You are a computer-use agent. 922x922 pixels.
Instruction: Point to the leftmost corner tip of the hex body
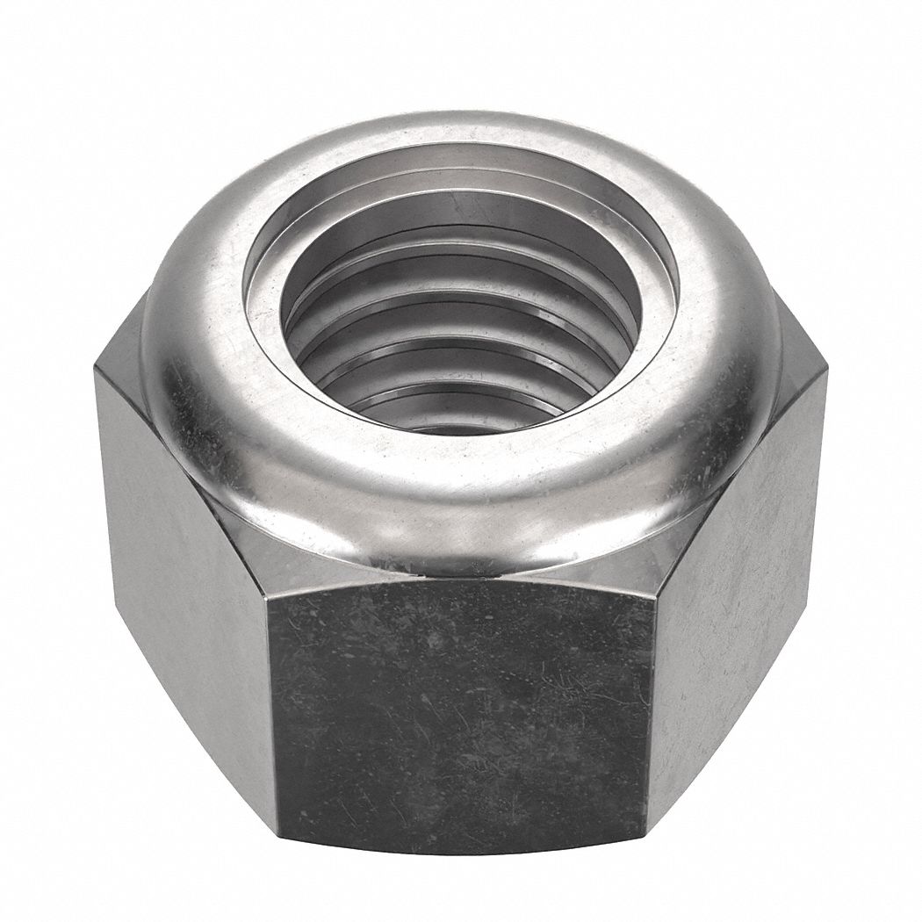point(95,373)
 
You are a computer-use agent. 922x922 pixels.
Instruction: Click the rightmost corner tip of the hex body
point(827,373)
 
